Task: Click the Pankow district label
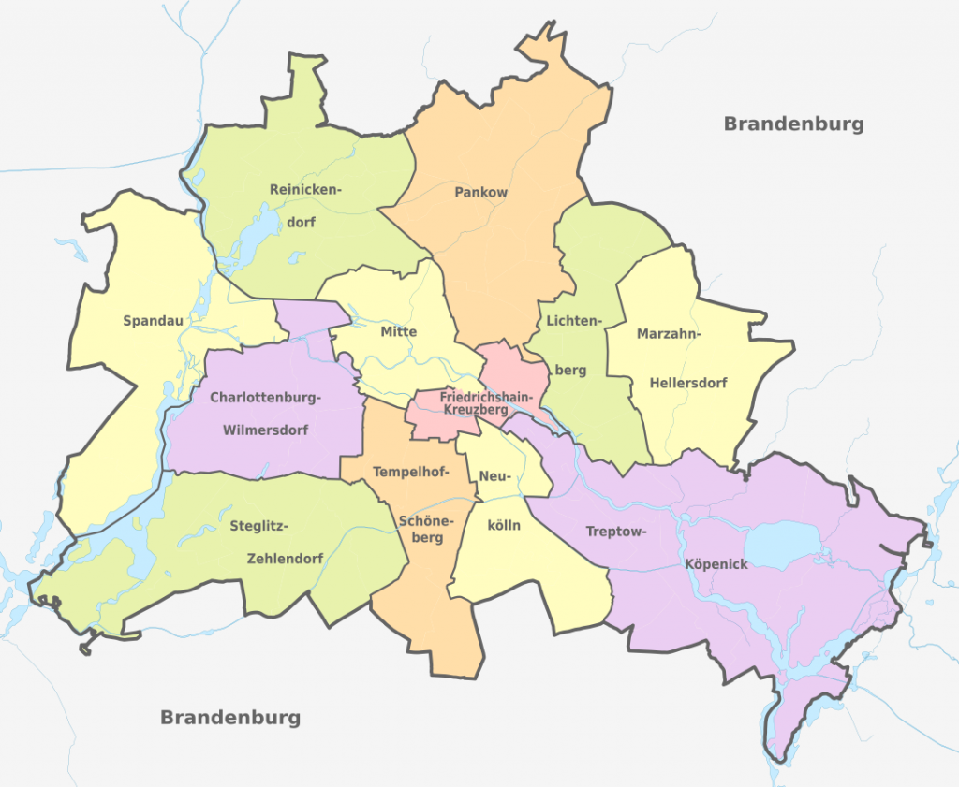(x=480, y=193)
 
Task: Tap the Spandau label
(x=153, y=321)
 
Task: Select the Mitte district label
(x=399, y=332)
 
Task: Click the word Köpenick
(x=716, y=564)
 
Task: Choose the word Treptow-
(x=616, y=532)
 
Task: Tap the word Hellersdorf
(x=688, y=383)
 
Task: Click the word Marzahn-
(x=669, y=334)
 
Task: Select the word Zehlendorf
(x=285, y=559)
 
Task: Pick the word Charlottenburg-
(x=265, y=398)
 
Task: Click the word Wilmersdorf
(x=265, y=430)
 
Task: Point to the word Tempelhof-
(x=411, y=471)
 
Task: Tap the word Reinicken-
(x=305, y=190)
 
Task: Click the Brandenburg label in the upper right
(x=793, y=124)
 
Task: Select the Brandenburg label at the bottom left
(x=230, y=718)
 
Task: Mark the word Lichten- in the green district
(x=570, y=320)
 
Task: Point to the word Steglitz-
(x=258, y=526)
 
